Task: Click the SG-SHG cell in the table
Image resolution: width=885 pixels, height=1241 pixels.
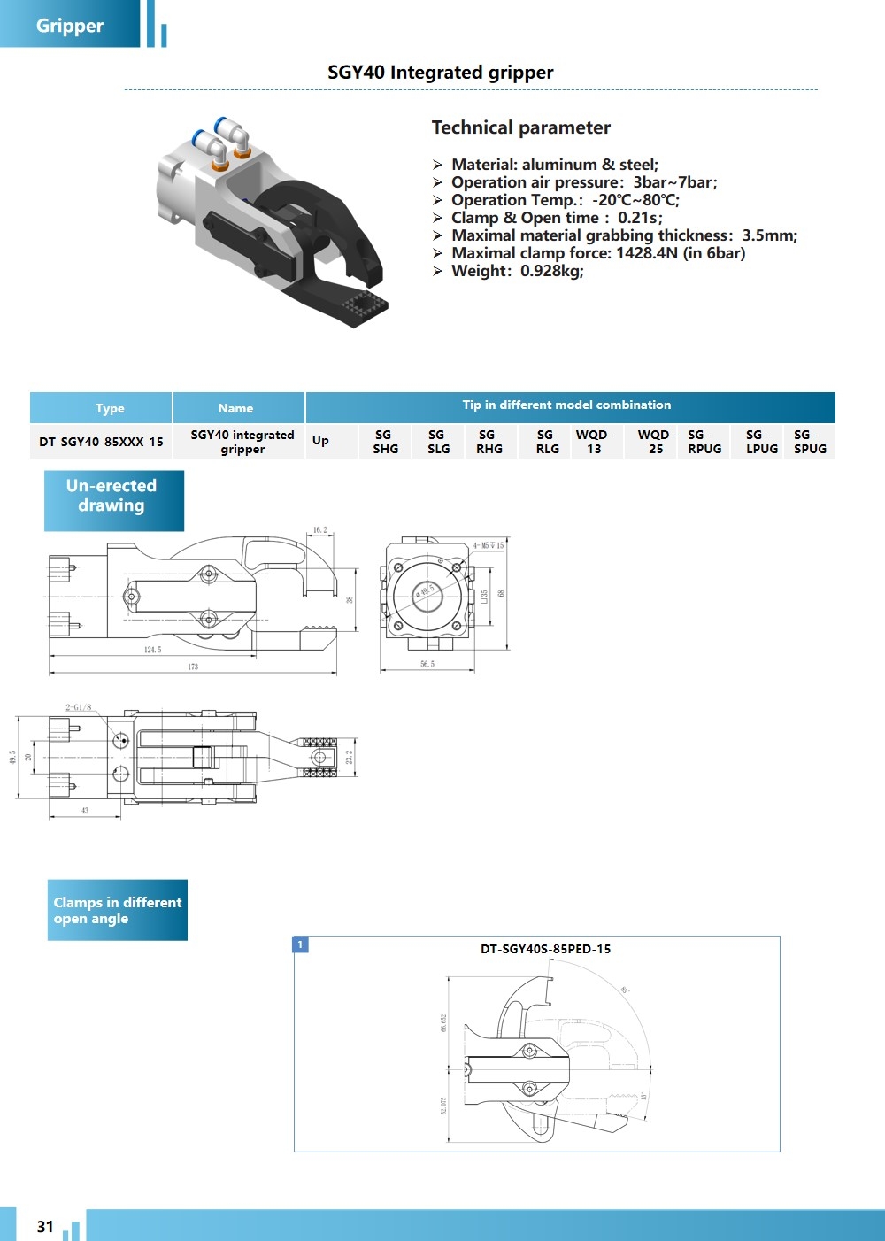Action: [x=385, y=442]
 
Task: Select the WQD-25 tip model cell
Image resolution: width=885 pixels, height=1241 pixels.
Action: [x=656, y=442]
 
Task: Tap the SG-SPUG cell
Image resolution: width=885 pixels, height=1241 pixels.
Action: [x=810, y=442]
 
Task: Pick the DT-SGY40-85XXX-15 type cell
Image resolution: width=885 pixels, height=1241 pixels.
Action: [x=101, y=442]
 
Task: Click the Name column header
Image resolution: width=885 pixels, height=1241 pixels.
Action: [x=235, y=408]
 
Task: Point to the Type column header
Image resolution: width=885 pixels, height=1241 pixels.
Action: [x=110, y=408]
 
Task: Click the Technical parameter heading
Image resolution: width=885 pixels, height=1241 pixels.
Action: [x=521, y=127]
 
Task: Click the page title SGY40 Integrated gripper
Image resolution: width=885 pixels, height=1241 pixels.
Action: [x=441, y=73]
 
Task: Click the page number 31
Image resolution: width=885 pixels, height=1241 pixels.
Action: [x=45, y=1227]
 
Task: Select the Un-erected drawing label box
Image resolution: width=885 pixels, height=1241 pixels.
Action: [x=113, y=500]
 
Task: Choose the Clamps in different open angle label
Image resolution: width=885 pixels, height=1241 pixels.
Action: [x=117, y=910]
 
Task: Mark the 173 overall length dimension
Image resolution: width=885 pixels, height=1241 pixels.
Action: [x=193, y=667]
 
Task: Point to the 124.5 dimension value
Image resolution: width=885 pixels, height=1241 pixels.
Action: [x=152, y=650]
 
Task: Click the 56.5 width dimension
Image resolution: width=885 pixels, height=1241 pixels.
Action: [x=427, y=664]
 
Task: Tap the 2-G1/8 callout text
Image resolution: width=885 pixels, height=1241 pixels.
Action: [x=78, y=707]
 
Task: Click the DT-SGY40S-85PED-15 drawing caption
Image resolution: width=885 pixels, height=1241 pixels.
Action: [x=545, y=949]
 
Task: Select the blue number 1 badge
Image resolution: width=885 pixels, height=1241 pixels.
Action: [x=301, y=944]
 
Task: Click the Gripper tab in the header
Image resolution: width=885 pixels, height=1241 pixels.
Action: [x=70, y=26]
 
